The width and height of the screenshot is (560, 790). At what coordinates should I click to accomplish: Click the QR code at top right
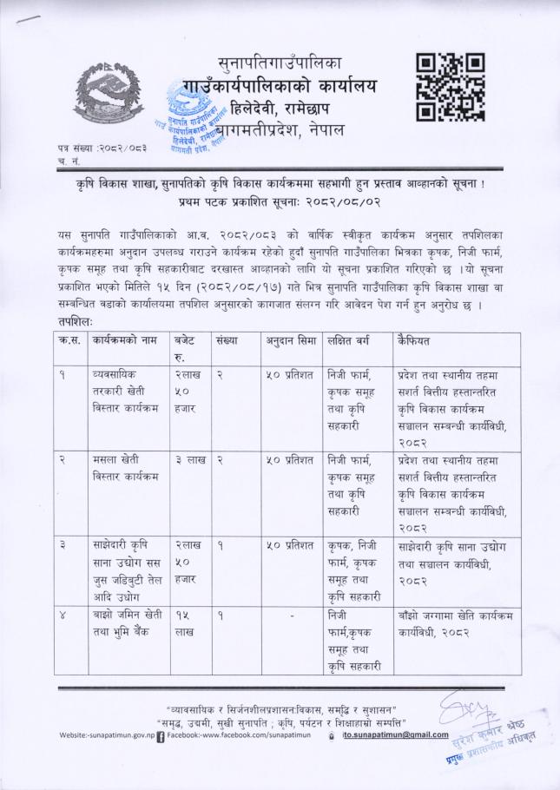(x=449, y=87)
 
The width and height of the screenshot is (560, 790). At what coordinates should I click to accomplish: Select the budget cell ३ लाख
(x=189, y=459)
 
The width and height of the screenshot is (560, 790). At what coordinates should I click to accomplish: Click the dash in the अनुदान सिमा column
(x=291, y=616)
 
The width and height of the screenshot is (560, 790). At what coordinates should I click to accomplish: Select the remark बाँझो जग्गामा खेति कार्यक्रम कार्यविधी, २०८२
(x=452, y=623)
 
